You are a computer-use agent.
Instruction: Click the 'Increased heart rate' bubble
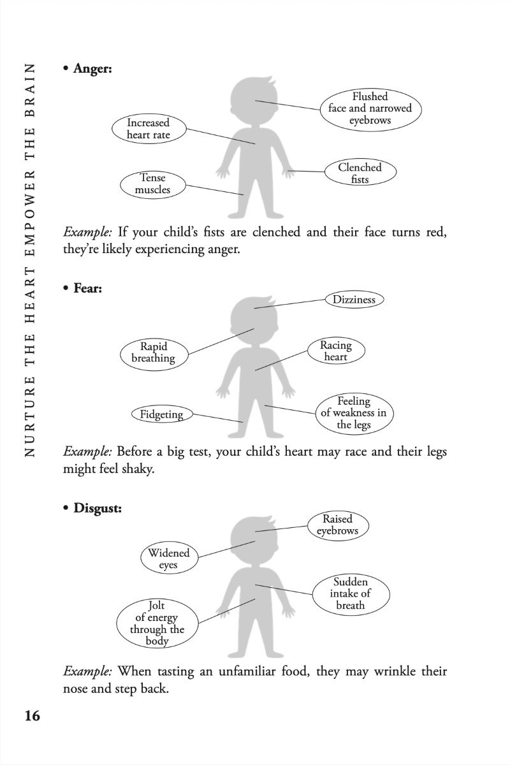point(148,129)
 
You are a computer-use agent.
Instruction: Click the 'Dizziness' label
point(354,300)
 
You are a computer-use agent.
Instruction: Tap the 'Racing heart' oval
point(335,351)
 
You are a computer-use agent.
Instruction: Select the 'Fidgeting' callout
point(161,414)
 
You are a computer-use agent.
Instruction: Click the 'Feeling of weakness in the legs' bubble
point(353,413)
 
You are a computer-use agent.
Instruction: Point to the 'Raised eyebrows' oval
point(337,525)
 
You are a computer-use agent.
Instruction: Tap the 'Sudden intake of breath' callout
point(351,594)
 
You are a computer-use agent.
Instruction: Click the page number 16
point(32,715)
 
